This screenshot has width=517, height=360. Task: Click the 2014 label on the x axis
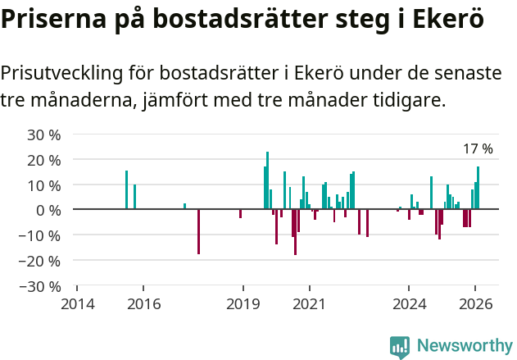click(x=77, y=304)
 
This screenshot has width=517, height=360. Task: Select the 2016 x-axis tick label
click(x=143, y=304)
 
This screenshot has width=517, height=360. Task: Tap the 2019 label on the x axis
click(x=243, y=304)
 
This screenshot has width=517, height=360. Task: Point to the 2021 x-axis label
click(x=309, y=304)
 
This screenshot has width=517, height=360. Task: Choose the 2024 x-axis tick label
click(x=409, y=304)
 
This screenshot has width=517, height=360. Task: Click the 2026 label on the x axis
click(x=475, y=304)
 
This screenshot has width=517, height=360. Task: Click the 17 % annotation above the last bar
click(x=478, y=149)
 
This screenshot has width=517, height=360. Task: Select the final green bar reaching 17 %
click(x=478, y=189)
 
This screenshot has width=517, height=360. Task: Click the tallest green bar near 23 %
click(x=267, y=180)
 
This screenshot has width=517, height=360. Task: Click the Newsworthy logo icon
click(x=400, y=347)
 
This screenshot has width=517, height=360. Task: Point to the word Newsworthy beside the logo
click(x=465, y=347)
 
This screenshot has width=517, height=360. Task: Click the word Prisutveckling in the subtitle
click(x=61, y=74)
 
